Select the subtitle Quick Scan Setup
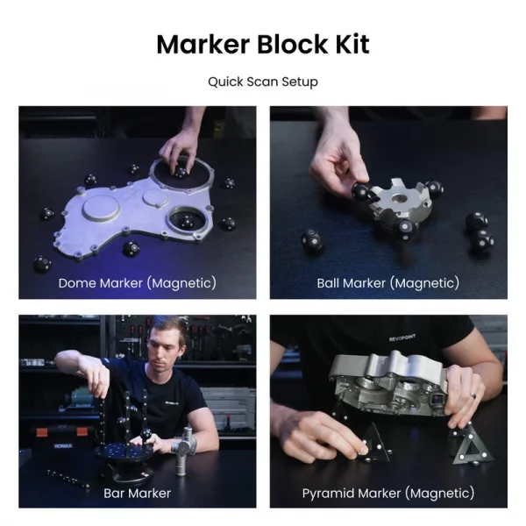point(263,82)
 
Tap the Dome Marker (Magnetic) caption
point(137,283)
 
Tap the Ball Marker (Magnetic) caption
point(387,283)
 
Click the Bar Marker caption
point(137,493)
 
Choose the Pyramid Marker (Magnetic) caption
point(387,493)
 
